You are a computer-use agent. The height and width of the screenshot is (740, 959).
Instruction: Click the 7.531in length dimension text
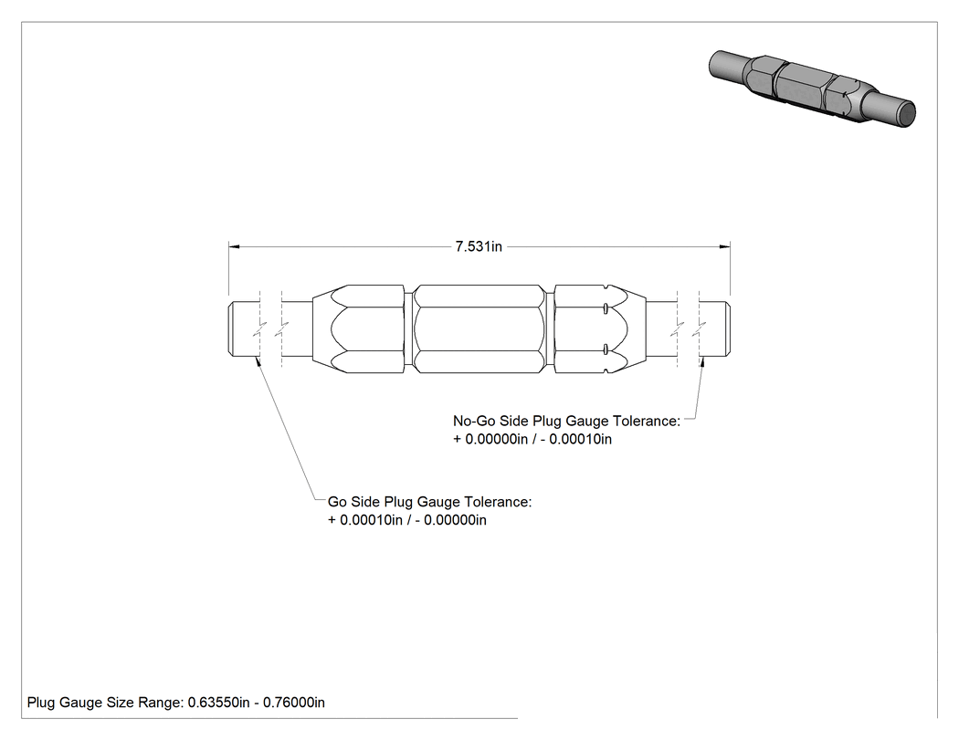point(479,246)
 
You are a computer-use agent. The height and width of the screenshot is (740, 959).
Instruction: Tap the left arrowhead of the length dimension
point(234,246)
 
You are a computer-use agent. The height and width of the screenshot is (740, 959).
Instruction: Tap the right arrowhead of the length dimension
point(725,246)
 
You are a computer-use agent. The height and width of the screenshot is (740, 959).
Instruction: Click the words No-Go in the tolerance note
point(474,421)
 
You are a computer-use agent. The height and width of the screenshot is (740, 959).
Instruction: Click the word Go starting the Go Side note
point(338,502)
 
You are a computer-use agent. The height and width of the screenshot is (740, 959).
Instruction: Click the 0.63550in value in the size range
point(218,703)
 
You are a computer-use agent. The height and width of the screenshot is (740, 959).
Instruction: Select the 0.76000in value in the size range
point(293,703)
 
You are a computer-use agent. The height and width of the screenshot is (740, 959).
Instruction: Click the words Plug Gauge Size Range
point(105,703)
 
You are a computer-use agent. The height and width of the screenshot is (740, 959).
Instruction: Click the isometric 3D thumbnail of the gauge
point(812,89)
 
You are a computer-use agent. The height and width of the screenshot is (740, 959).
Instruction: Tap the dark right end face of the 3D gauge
point(906,115)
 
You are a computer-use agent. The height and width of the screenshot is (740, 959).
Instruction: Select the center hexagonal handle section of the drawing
point(479,328)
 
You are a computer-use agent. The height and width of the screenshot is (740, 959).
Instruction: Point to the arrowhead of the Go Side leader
point(258,362)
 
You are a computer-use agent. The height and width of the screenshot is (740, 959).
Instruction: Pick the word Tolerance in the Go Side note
point(498,502)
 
